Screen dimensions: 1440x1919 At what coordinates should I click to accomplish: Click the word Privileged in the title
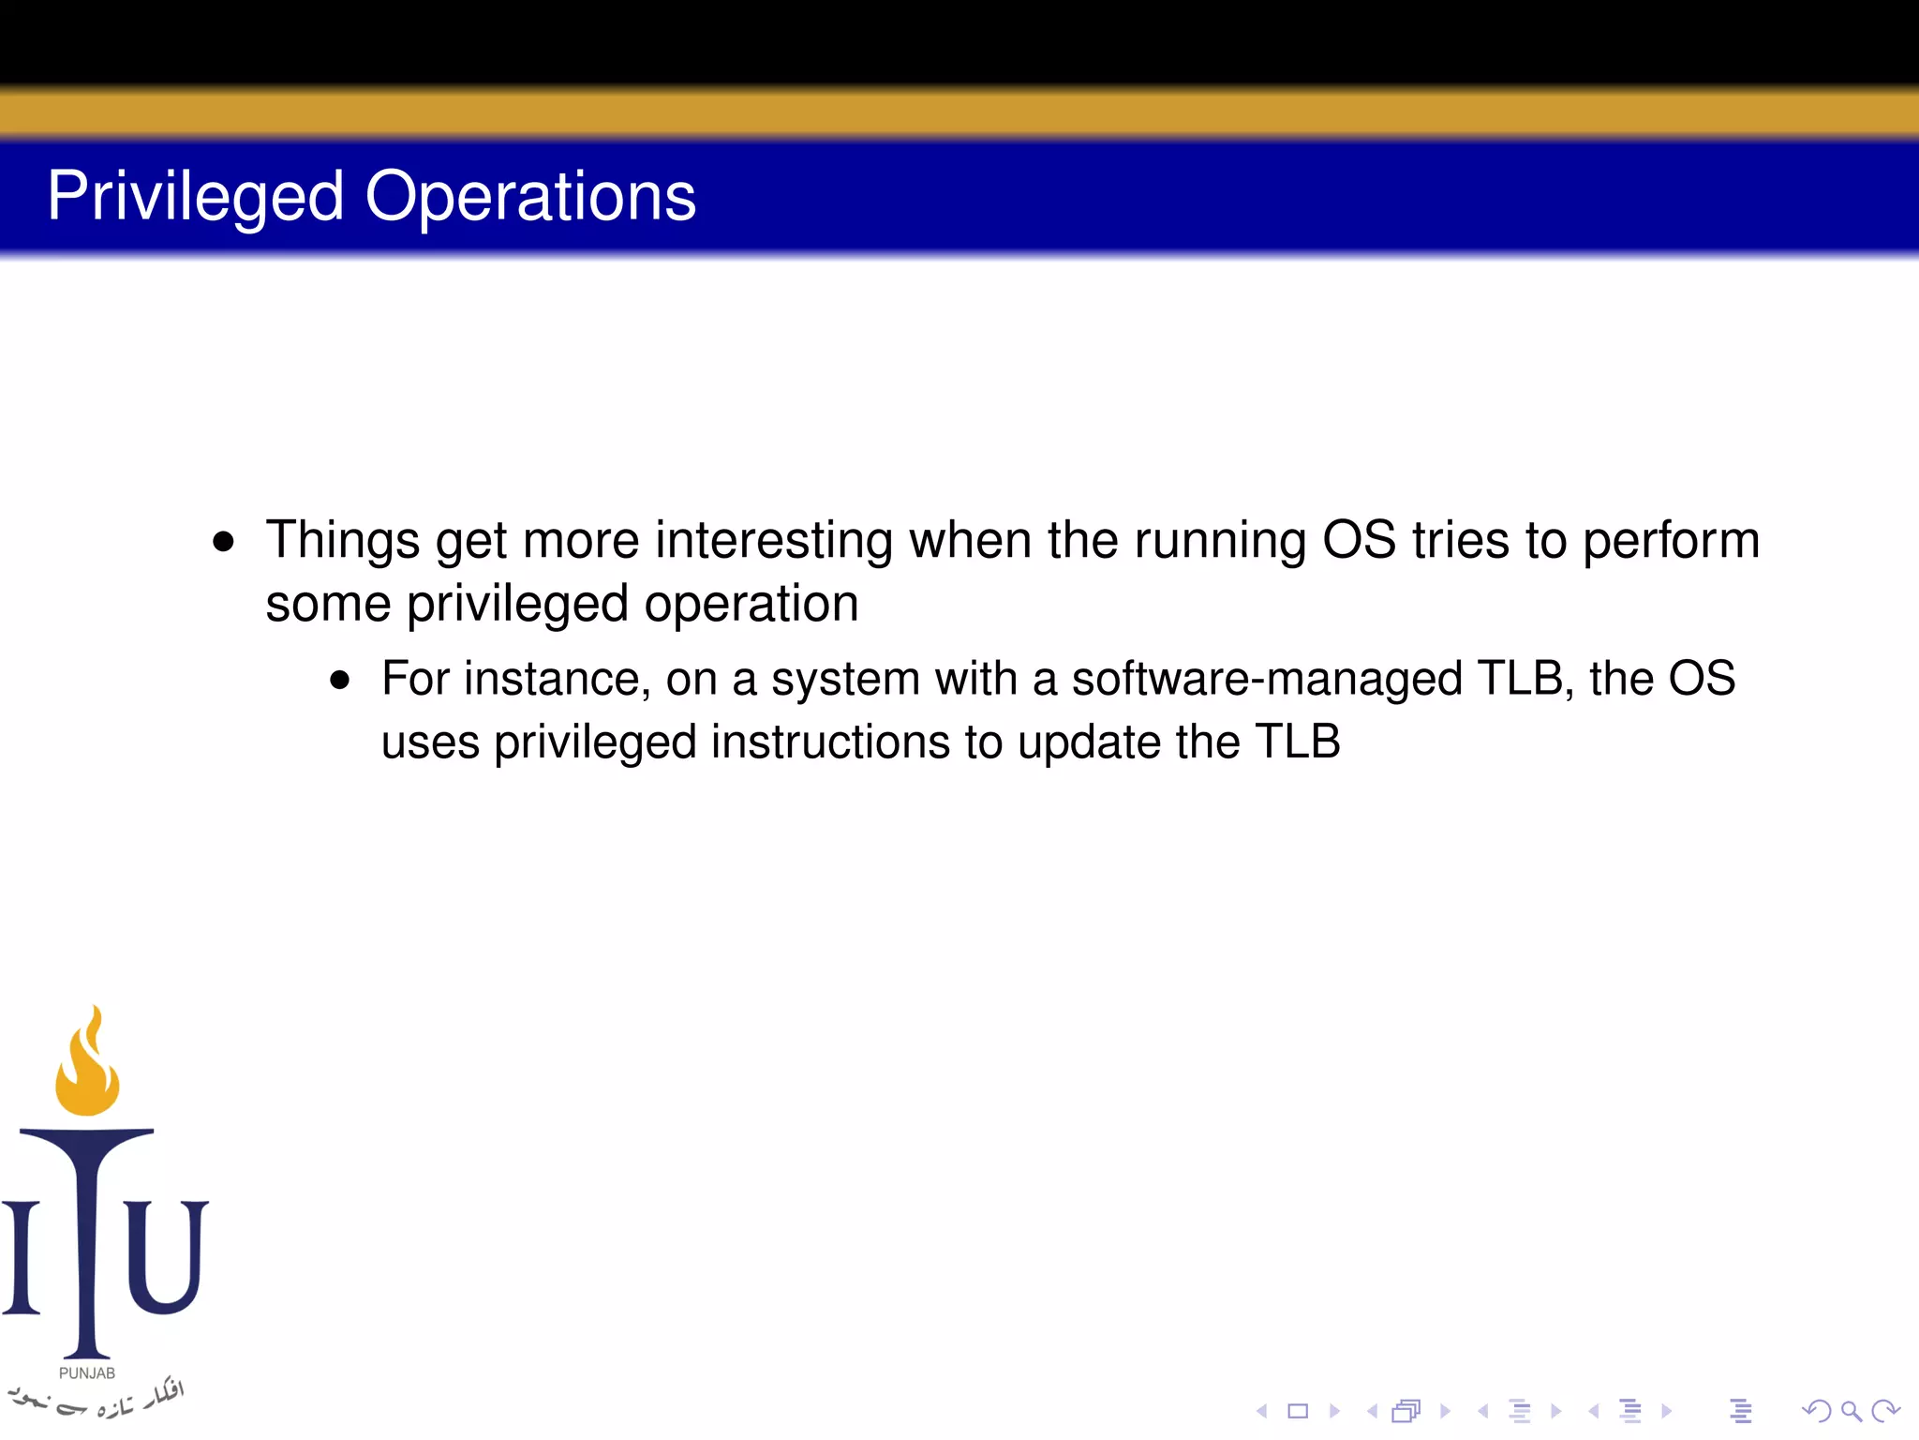point(195,197)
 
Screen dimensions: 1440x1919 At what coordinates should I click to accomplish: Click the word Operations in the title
point(530,197)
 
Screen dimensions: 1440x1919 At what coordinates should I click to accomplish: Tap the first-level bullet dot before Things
point(223,542)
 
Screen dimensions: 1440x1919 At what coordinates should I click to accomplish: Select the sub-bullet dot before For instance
point(339,680)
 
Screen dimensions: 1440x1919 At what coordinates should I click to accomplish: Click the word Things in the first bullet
point(342,541)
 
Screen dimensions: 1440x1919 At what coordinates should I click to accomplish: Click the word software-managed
point(1266,679)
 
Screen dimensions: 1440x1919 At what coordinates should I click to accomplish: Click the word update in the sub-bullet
point(1090,742)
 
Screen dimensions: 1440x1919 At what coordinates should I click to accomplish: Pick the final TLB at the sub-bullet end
point(1298,742)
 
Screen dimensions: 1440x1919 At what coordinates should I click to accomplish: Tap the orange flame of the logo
point(87,1069)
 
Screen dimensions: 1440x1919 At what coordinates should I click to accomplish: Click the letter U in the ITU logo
point(165,1256)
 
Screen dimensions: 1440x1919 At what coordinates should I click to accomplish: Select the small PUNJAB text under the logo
point(87,1373)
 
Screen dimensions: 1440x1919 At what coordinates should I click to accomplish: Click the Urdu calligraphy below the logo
point(94,1399)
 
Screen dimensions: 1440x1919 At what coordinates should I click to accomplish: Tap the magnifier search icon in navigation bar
point(1851,1411)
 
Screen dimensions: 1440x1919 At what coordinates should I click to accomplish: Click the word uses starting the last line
point(429,742)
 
